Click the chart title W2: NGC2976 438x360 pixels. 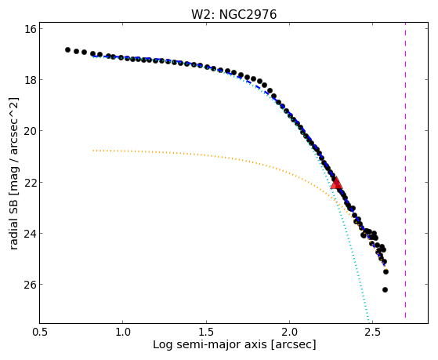tap(233, 15)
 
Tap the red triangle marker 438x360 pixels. tap(336, 184)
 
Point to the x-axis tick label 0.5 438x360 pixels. tap(39, 332)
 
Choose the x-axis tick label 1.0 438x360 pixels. tap(123, 332)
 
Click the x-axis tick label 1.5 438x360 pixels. tap(206, 332)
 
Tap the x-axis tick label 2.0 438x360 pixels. tap(289, 332)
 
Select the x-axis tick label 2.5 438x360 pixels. tap(373, 332)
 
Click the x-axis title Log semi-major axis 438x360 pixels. tap(209, 344)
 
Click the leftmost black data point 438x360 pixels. tap(67, 49)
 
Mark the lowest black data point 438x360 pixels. tap(385, 289)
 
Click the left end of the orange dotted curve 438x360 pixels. tap(93, 151)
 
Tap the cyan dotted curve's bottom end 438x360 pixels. tap(369, 322)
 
